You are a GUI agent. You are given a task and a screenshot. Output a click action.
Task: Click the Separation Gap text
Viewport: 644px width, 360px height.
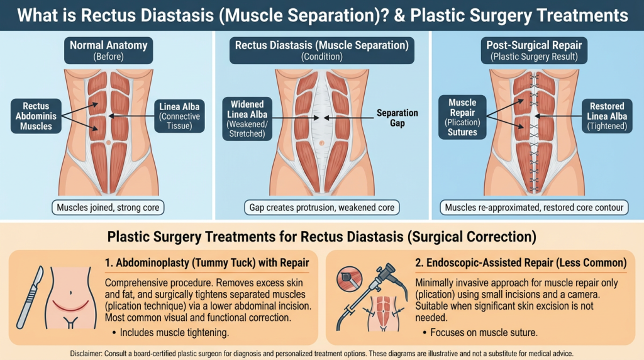[397, 118]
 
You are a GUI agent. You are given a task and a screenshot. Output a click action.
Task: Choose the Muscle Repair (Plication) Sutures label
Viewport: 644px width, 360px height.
[462, 117]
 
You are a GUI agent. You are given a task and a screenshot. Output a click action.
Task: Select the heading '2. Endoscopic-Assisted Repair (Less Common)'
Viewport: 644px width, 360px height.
[519, 261]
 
